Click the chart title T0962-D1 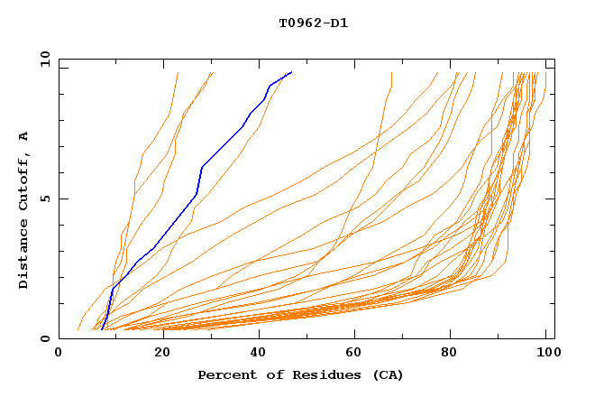click(x=313, y=23)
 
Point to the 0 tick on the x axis click(x=59, y=354)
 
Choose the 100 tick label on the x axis click(x=544, y=354)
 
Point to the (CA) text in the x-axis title click(x=385, y=374)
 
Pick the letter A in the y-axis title click(x=24, y=135)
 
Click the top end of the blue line click(x=291, y=72)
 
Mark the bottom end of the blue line click(x=102, y=329)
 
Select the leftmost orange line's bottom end click(x=79, y=329)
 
